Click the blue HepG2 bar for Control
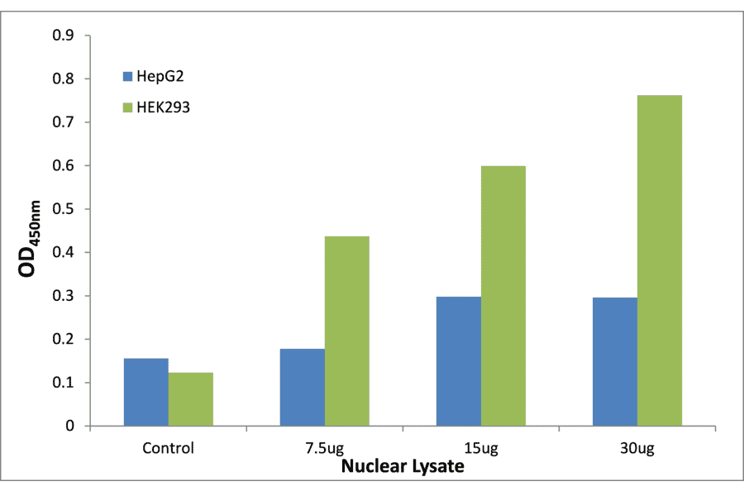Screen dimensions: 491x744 pyautogui.click(x=145, y=393)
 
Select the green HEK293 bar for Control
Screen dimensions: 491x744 pyautogui.click(x=190, y=399)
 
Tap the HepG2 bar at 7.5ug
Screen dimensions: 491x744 pyautogui.click(x=302, y=388)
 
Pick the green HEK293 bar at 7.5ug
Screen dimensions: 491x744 pyautogui.click(x=346, y=331)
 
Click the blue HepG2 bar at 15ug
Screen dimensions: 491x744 pyautogui.click(x=458, y=361)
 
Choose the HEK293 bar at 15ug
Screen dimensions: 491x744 pyautogui.click(x=503, y=296)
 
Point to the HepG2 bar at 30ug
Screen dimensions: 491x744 pyautogui.click(x=614, y=362)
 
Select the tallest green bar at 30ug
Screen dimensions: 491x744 pyautogui.click(x=659, y=260)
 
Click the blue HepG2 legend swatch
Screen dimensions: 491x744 pyautogui.click(x=127, y=76)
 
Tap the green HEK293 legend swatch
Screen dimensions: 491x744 pyautogui.click(x=127, y=107)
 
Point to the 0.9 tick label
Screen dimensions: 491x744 pyautogui.click(x=63, y=36)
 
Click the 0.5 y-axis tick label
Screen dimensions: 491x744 pyautogui.click(x=63, y=209)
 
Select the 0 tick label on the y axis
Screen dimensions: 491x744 pyautogui.click(x=70, y=427)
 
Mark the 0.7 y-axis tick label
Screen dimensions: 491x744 pyautogui.click(x=63, y=122)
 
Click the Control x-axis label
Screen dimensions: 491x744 pyautogui.click(x=168, y=449)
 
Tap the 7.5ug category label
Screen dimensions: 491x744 pyautogui.click(x=324, y=449)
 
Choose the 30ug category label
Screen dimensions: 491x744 pyautogui.click(x=637, y=449)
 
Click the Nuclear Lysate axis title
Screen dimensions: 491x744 pyautogui.click(x=403, y=466)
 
